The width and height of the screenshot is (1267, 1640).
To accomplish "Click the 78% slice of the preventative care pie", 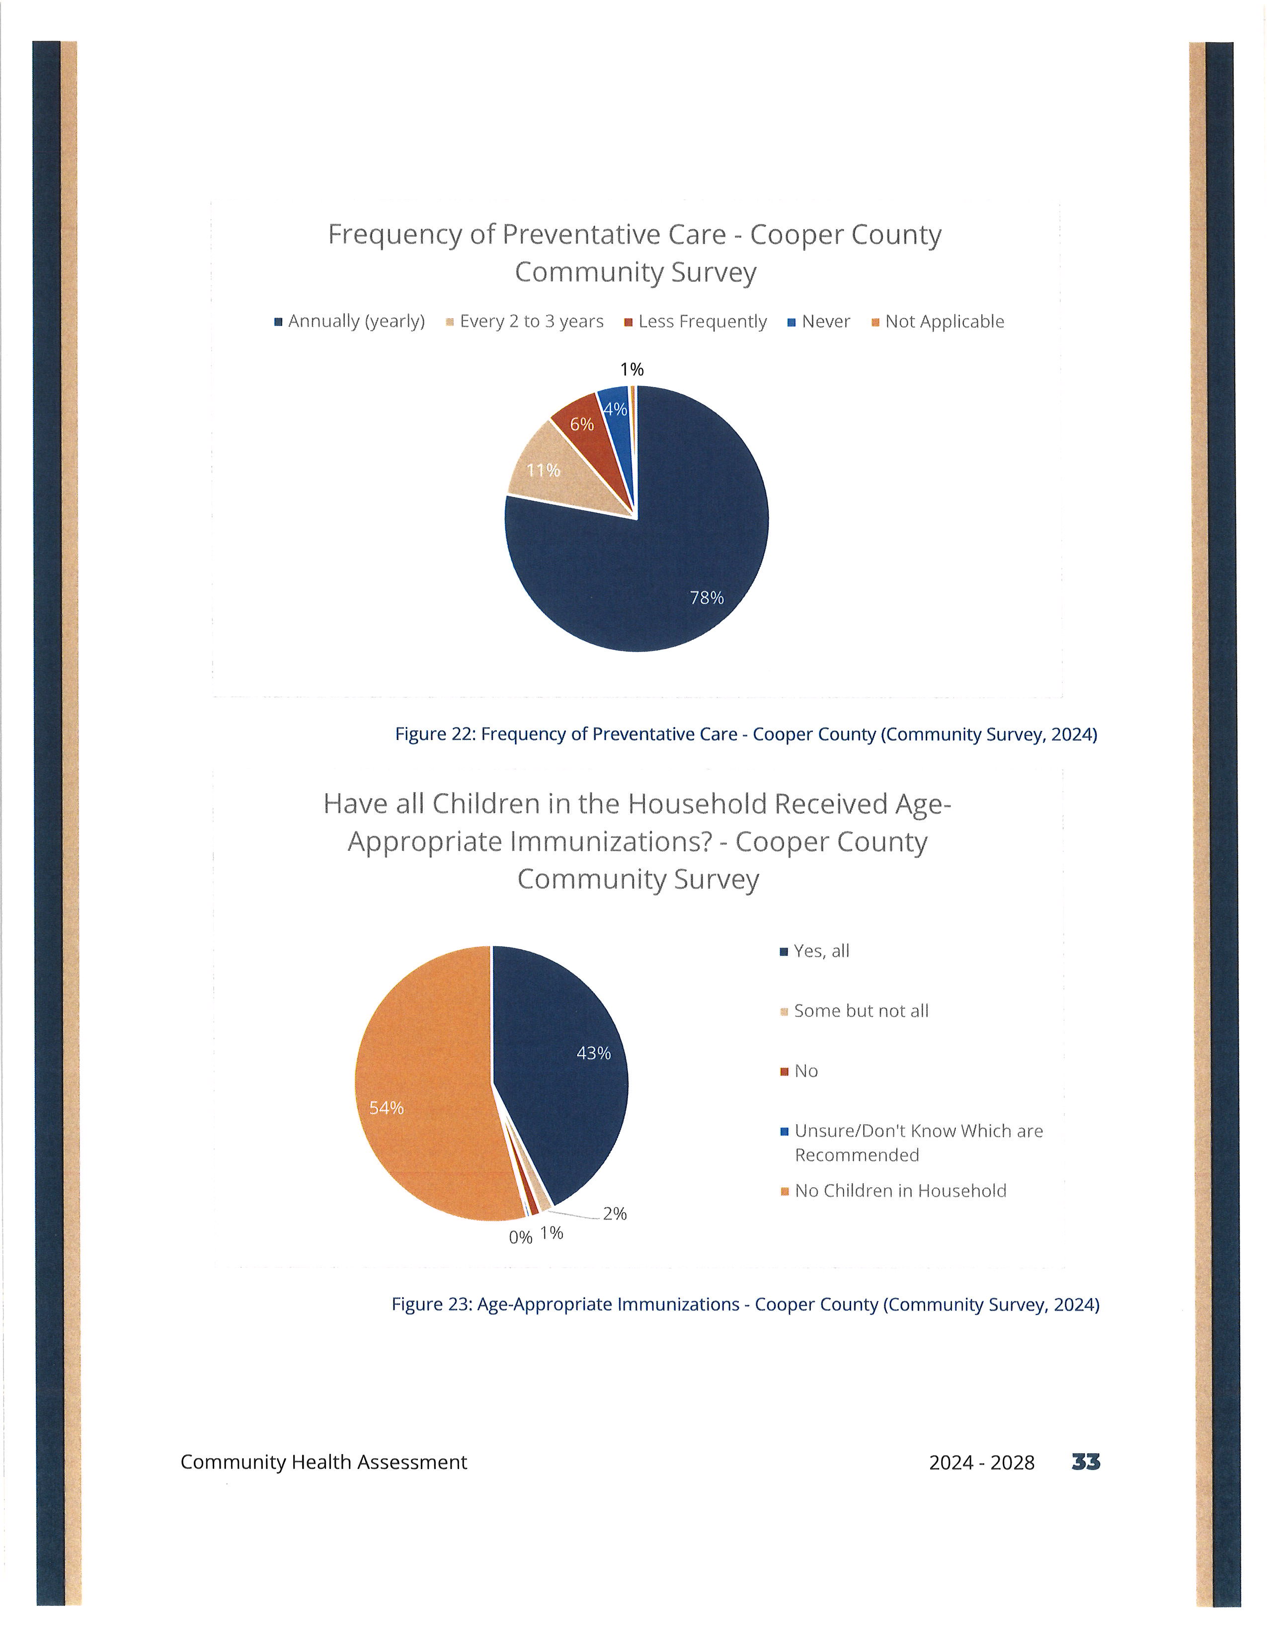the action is pos(660,571).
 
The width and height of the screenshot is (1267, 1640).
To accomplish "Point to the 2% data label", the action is pos(615,1214).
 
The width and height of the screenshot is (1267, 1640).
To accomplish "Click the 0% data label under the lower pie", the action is pos(520,1237).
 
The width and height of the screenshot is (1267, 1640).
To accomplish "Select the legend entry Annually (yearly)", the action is pos(350,322).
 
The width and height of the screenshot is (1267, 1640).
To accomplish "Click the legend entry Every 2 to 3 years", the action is pos(525,322).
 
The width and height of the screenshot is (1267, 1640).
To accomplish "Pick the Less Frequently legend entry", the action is pos(696,322).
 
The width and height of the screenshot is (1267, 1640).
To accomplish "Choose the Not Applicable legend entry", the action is pos(938,322).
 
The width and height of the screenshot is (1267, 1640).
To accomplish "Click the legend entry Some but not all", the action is pos(855,1011).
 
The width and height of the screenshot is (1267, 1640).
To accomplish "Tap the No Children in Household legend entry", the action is pos(893,1191).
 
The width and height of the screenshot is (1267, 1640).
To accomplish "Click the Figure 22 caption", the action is pos(746,735).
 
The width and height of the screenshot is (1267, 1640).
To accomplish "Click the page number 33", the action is pos(1086,1462).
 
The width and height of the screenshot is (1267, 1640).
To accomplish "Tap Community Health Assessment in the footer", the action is pos(323,1462).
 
